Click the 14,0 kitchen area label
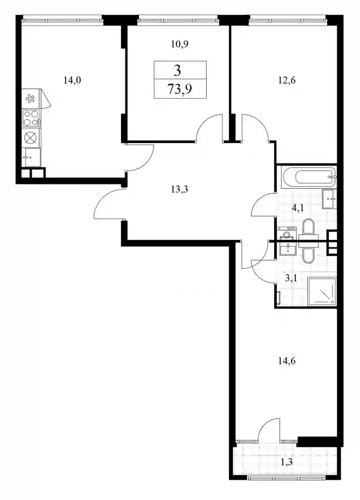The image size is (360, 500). pyautogui.click(x=72, y=81)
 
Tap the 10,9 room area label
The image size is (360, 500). pyautogui.click(x=180, y=44)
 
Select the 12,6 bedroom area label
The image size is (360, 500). pyautogui.click(x=287, y=81)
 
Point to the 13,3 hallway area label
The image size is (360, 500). pyautogui.click(x=180, y=189)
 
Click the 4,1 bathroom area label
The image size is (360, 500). pyautogui.click(x=298, y=208)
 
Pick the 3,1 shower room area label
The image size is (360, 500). pyautogui.click(x=291, y=278)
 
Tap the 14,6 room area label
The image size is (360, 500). pyautogui.click(x=287, y=361)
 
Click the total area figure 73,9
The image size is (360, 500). pyautogui.click(x=180, y=89)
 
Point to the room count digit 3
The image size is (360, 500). pyautogui.click(x=177, y=70)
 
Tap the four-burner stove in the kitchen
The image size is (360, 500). pyautogui.click(x=31, y=118)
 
